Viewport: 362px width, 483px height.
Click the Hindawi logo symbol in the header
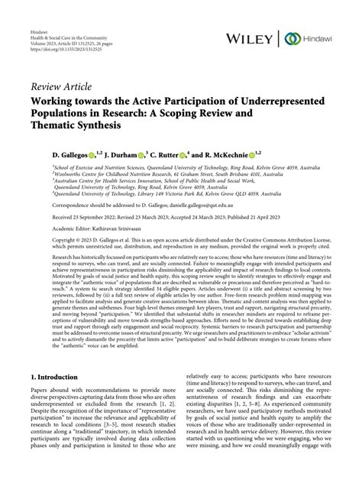(293, 38)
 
